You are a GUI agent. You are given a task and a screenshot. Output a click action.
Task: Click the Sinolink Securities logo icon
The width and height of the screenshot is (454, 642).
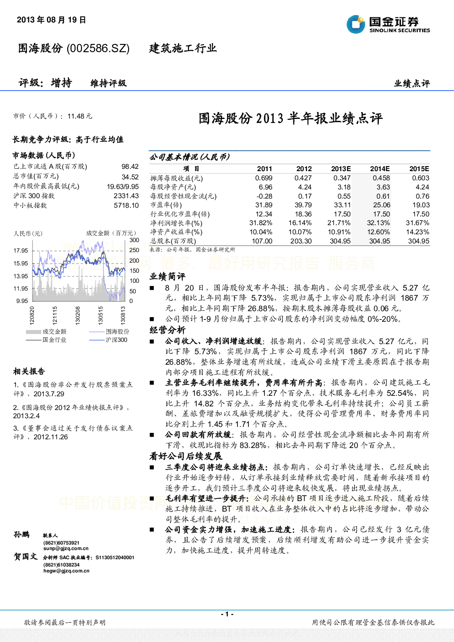(356, 24)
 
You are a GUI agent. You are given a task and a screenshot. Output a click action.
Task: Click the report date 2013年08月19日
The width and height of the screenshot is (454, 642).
(51, 20)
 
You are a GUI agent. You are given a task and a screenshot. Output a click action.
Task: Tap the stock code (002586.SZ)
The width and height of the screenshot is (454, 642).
(98, 49)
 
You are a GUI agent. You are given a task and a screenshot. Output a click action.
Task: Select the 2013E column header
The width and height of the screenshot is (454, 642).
(341, 168)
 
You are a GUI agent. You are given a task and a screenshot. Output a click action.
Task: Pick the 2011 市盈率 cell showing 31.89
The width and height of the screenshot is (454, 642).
(264, 205)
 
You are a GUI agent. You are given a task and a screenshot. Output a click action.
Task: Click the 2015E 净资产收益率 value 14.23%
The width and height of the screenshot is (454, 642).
(417, 232)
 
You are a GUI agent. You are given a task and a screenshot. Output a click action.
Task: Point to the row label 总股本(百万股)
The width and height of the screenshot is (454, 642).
(173, 241)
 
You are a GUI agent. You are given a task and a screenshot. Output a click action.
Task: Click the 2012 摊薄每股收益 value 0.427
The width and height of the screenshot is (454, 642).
(303, 178)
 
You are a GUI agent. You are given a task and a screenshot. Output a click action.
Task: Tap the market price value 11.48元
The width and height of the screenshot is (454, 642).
(80, 116)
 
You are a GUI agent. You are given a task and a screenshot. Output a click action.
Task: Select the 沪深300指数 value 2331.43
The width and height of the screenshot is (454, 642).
(126, 196)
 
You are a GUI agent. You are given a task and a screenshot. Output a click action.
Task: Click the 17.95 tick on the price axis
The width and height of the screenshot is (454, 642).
(21, 250)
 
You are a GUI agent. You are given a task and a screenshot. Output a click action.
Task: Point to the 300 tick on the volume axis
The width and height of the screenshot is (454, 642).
(134, 240)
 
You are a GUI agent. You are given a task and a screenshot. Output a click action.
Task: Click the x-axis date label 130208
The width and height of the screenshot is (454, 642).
(78, 315)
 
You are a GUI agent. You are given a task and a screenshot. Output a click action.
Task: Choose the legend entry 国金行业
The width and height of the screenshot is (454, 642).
(54, 340)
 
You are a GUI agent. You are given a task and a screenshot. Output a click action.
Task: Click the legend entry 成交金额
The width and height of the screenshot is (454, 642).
(54, 332)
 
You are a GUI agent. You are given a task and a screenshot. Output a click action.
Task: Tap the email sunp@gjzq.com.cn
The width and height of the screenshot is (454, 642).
(66, 548)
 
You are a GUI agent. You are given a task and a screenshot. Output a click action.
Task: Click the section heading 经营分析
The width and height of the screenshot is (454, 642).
(168, 330)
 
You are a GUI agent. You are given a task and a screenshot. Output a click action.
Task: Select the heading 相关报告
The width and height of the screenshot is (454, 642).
(29, 372)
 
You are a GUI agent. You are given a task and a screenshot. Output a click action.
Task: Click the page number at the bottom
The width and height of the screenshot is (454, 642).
(227, 614)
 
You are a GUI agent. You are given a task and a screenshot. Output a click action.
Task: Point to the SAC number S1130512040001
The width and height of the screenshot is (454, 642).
(115, 557)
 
